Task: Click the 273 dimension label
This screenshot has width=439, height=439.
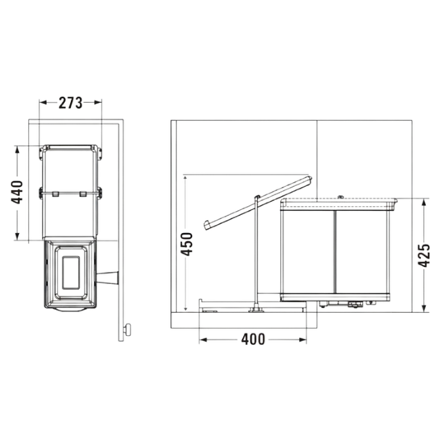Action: (70, 103)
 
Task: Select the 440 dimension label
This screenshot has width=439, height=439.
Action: (16, 193)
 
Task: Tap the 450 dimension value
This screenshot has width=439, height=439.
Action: (186, 244)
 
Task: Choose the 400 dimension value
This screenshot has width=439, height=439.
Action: (253, 339)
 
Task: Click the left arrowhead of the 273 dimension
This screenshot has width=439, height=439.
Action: (43, 102)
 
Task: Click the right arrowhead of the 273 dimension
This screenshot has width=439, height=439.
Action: (98, 102)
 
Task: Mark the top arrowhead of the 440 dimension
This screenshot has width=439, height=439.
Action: (17, 150)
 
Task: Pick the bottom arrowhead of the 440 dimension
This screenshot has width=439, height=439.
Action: (17, 236)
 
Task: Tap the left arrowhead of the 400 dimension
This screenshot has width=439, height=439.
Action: (203, 340)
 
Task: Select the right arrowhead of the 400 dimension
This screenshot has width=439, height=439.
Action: (303, 340)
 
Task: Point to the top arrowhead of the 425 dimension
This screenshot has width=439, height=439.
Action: (424, 202)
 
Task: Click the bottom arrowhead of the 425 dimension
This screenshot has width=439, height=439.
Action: (424, 309)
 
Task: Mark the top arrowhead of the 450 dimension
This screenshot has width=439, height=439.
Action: (184, 178)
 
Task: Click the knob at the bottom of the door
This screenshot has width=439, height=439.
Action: (128, 329)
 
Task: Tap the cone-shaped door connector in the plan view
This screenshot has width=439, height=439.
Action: (108, 278)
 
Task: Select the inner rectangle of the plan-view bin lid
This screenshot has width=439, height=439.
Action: (71, 273)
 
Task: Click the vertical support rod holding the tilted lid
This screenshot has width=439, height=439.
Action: (256, 252)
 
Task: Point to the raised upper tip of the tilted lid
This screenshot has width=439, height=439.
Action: (311, 179)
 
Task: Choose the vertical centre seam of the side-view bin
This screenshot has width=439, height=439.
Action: (334, 252)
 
